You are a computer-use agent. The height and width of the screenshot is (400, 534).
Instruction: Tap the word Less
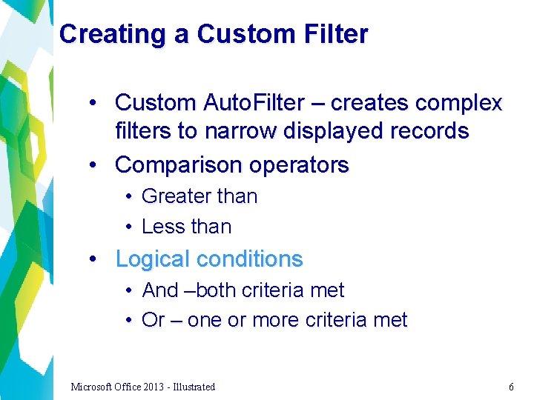tap(161, 227)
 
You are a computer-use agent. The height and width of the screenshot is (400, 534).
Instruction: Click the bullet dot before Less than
tap(128, 227)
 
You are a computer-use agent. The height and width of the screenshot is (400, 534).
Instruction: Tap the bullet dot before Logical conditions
tap(93, 259)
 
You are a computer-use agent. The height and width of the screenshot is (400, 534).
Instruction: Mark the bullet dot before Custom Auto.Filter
tap(93, 103)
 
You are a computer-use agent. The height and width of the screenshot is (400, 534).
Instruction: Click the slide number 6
tap(511, 387)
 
